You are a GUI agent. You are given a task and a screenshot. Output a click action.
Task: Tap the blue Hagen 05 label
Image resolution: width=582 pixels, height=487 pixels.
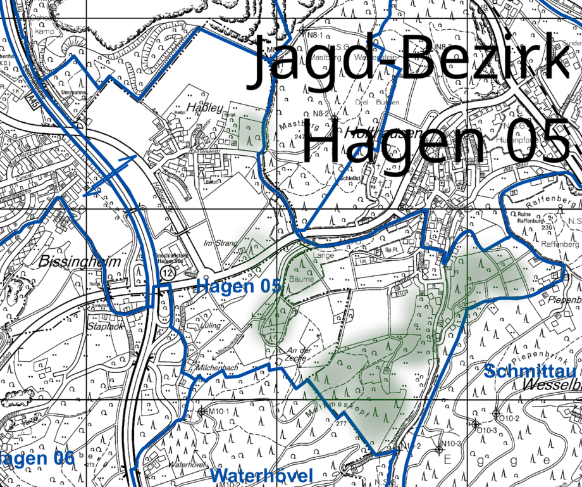click(238, 286)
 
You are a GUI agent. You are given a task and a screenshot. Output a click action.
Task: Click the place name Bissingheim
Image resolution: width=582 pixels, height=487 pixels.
click(70, 261)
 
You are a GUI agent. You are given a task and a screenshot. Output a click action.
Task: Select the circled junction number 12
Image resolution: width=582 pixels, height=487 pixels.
click(166, 272)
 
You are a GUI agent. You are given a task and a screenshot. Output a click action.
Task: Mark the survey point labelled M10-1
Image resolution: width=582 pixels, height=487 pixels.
click(202, 412)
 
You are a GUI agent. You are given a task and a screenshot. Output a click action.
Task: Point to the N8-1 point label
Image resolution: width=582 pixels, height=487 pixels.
click(304, 30)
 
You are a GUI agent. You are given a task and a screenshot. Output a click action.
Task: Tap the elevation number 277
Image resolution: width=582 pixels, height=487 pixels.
click(342, 423)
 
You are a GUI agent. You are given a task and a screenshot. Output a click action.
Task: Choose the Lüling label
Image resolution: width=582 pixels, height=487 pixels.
click(211, 326)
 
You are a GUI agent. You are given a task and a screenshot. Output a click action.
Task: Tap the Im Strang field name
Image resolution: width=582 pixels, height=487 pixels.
click(220, 243)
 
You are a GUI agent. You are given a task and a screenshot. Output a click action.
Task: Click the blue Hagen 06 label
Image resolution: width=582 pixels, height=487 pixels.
click(37, 458)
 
